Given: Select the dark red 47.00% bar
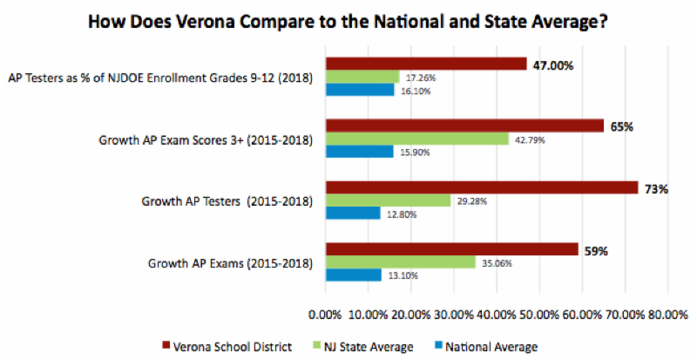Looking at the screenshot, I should pyautogui.click(x=426, y=64).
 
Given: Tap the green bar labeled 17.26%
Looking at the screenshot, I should pyautogui.click(x=362, y=77).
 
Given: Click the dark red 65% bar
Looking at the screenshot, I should pyautogui.click(x=464, y=126).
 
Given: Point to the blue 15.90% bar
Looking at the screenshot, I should pyautogui.click(x=359, y=151).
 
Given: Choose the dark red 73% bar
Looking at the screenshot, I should pyautogui.click(x=482, y=187).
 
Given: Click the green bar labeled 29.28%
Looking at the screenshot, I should pyautogui.click(x=388, y=200).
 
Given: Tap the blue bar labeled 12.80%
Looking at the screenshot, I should pyautogui.click(x=353, y=213).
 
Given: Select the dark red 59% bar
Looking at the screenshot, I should pyautogui.click(x=451, y=249).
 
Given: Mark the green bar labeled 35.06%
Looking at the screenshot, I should pyautogui.click(x=400, y=262).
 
